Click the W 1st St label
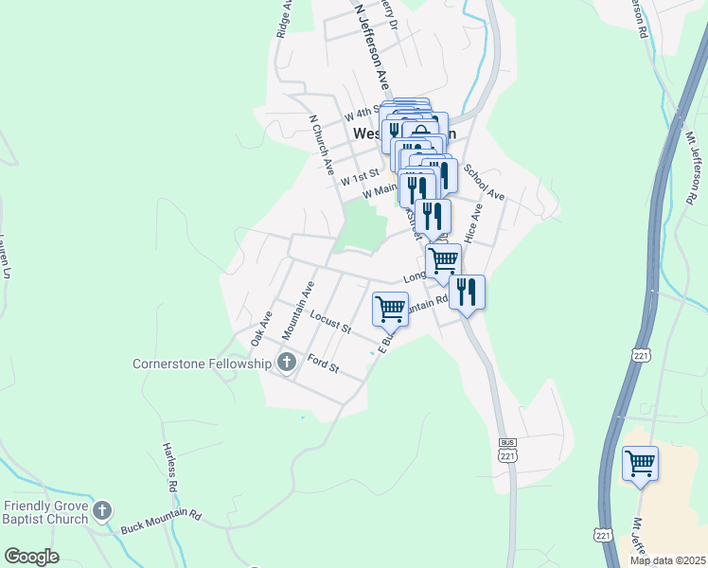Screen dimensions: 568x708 pos(361,177)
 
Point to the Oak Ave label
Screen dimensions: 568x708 pos(261,328)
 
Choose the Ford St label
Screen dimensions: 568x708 pos(324,364)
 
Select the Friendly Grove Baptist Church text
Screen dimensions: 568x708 pos(46,511)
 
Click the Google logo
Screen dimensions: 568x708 pos(31,557)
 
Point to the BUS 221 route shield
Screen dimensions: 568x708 pos(508,450)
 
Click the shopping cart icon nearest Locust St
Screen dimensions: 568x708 pos(390,309)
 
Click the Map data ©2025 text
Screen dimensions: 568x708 pos(666,560)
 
